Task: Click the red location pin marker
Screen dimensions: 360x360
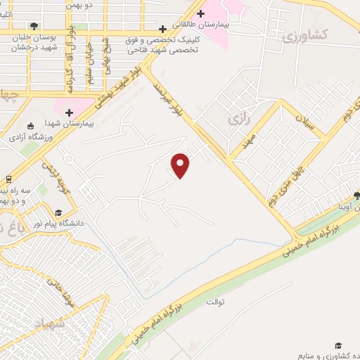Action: coord(181,165)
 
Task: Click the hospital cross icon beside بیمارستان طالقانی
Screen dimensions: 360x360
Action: coord(200,13)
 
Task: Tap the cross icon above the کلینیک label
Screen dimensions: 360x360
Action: coord(163,30)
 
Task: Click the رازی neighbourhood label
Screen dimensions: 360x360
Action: coord(239,121)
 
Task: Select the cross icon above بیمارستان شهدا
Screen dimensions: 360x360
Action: coord(69,112)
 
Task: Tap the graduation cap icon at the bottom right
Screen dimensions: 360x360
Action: coord(338,346)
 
